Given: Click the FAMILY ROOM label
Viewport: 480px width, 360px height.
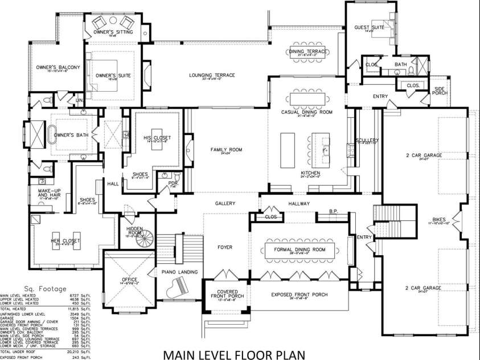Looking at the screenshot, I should tap(226, 149).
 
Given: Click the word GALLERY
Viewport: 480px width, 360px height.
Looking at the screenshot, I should tap(225, 203).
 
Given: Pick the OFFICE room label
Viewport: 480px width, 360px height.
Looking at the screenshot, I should tap(129, 280).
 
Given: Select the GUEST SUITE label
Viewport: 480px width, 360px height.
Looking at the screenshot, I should tap(369, 27).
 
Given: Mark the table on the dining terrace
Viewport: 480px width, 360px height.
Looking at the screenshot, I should tap(307, 54).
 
